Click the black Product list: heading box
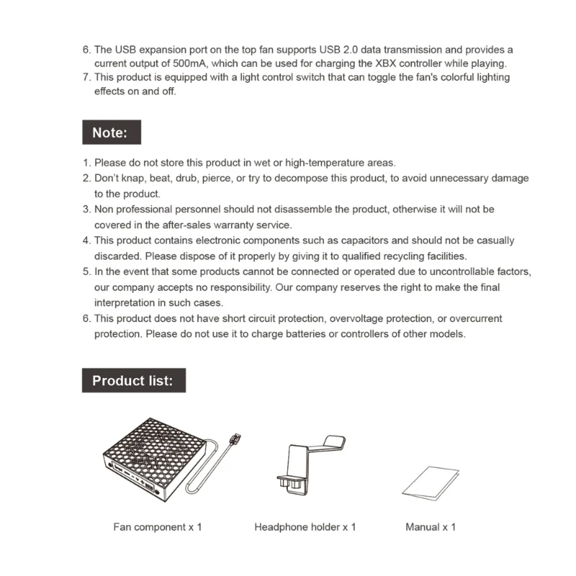133,381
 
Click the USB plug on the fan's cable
235,438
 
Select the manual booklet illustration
431,482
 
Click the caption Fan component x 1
158,527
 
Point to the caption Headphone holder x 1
305,527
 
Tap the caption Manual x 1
431,527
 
